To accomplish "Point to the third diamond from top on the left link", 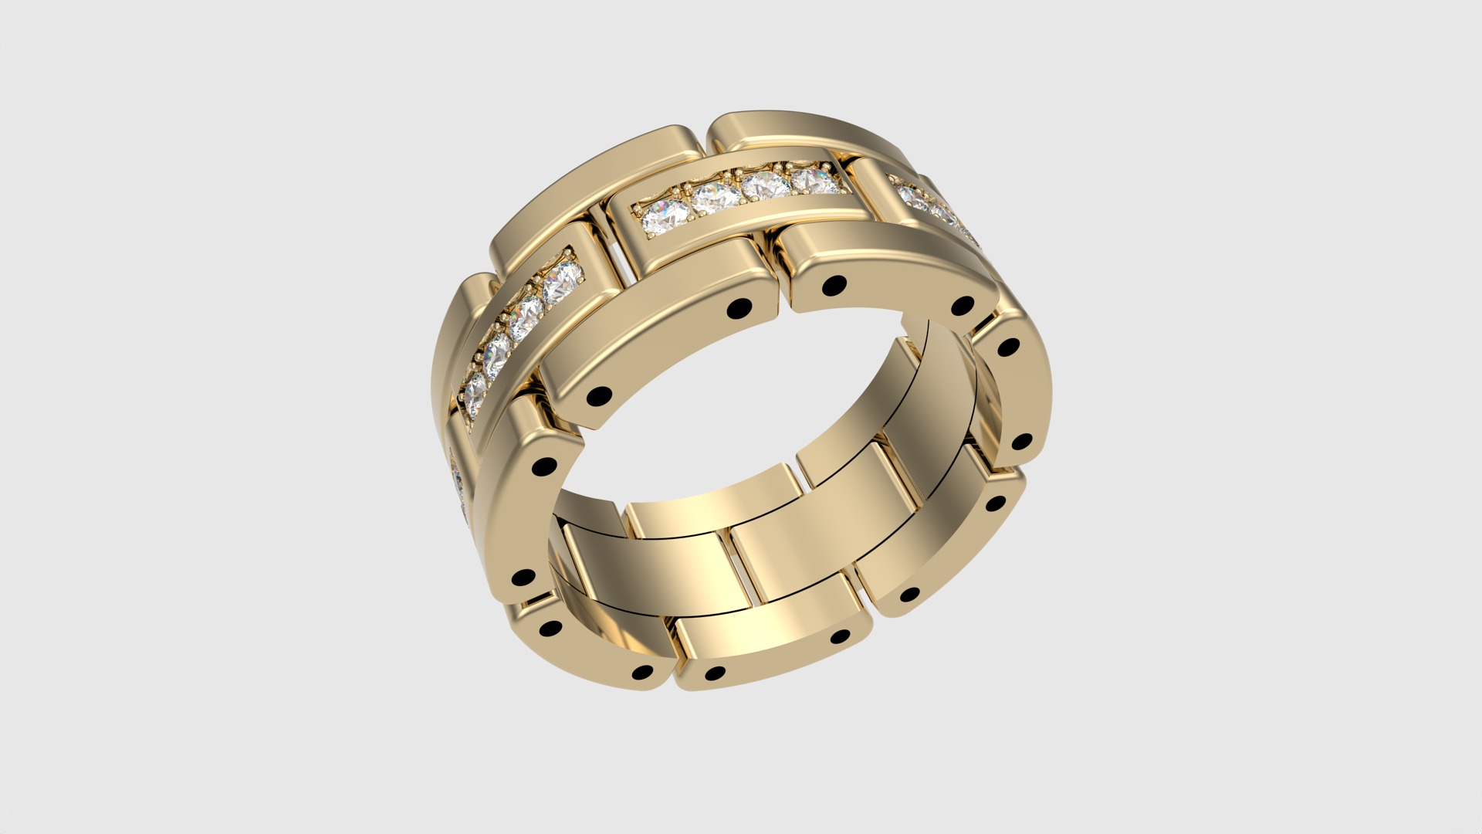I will (x=499, y=349).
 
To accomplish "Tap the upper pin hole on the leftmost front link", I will (x=545, y=466).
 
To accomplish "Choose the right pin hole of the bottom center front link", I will (x=839, y=637).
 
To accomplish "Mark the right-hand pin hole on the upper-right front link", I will (x=962, y=307).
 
